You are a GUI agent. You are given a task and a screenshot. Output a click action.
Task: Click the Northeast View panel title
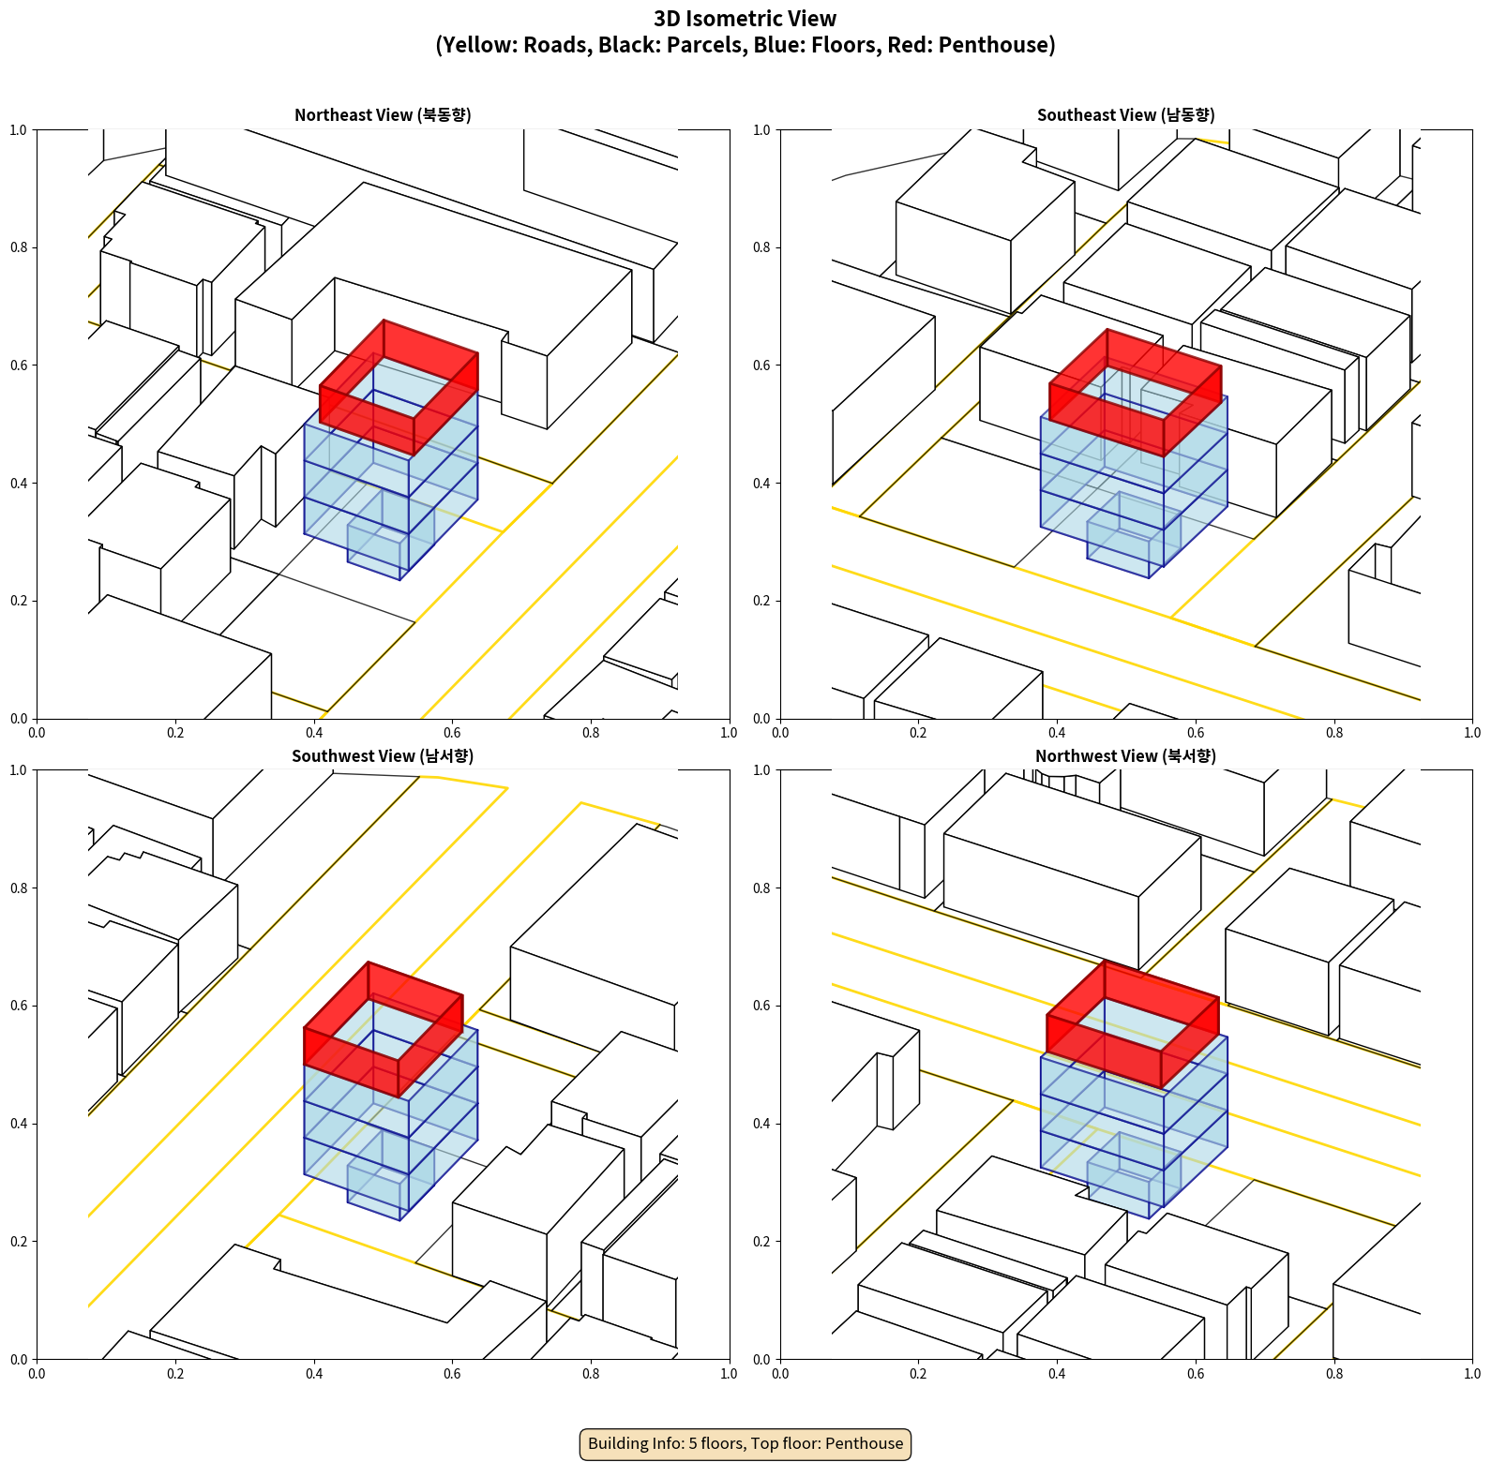pos(383,115)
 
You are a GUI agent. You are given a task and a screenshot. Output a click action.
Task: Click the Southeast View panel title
pos(1125,115)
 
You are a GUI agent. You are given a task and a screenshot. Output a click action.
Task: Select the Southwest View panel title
pos(383,756)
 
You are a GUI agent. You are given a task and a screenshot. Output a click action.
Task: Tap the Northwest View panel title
pos(1125,756)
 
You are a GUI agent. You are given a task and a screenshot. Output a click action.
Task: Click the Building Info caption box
pos(745,1443)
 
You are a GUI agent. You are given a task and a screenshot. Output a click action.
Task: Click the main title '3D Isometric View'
pos(745,19)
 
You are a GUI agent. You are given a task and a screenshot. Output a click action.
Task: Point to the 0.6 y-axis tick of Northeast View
pos(19,365)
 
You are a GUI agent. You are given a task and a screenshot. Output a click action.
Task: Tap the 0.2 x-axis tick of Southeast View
pos(918,733)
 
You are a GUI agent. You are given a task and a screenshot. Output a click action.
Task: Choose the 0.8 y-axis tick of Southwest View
pos(19,888)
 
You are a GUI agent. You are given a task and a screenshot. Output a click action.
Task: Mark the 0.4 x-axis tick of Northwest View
pos(1057,1374)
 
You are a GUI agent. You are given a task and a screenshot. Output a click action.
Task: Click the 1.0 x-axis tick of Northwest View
pos(1472,1374)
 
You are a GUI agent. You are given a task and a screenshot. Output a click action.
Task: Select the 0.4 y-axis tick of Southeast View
pos(761,484)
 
